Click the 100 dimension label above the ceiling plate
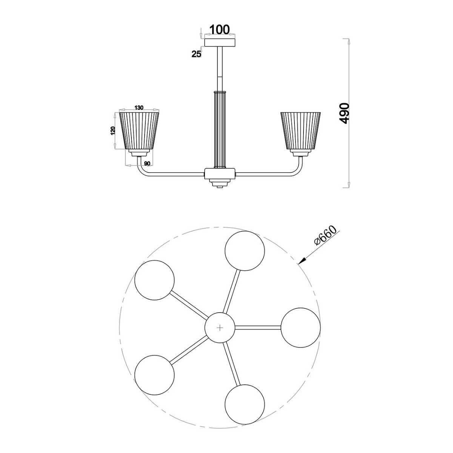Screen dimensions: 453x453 click(219, 29)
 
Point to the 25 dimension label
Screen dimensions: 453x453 click(197, 54)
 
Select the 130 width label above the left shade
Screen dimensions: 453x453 click(139, 108)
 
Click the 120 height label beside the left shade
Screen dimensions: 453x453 click(113, 131)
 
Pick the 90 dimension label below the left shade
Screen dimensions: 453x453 click(147, 163)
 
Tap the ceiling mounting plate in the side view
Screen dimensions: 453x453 click(220, 43)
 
